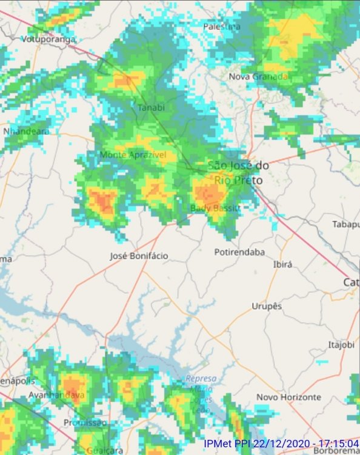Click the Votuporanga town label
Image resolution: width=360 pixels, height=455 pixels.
point(48,39)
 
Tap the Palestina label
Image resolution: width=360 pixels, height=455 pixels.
point(222,27)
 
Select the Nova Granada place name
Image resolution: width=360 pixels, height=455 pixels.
point(258,76)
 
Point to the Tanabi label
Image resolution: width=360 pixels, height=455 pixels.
point(152,107)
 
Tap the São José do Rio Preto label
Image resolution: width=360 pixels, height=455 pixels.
point(238,172)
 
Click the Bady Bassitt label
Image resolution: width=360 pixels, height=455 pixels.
point(215,208)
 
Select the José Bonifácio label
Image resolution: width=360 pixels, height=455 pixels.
point(139,256)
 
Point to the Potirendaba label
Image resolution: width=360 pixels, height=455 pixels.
point(239,252)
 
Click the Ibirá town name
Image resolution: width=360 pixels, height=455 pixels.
point(283,265)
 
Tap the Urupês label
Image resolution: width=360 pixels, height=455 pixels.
point(267,306)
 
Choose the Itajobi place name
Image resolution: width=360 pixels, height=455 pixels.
point(340,345)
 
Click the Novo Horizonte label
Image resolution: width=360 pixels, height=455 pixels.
point(288,397)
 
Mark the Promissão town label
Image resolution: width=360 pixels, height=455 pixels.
point(85,422)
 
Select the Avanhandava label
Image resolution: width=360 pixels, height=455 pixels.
point(57,395)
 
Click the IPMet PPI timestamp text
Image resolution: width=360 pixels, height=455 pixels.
point(281,443)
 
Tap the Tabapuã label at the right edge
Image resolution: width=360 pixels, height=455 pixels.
point(346,224)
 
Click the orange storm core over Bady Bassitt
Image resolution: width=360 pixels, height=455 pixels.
point(208,193)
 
